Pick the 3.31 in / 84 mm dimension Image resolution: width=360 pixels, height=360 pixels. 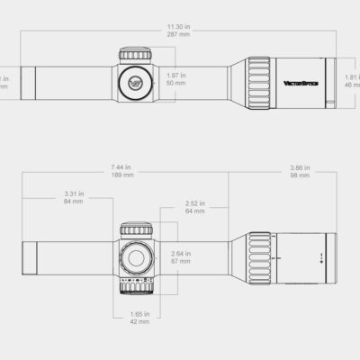(74, 196)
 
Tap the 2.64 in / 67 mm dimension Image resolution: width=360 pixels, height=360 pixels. (180, 257)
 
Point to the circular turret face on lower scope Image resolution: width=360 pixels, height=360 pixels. (137, 257)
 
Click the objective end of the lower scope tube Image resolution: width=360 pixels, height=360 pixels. (27, 256)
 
